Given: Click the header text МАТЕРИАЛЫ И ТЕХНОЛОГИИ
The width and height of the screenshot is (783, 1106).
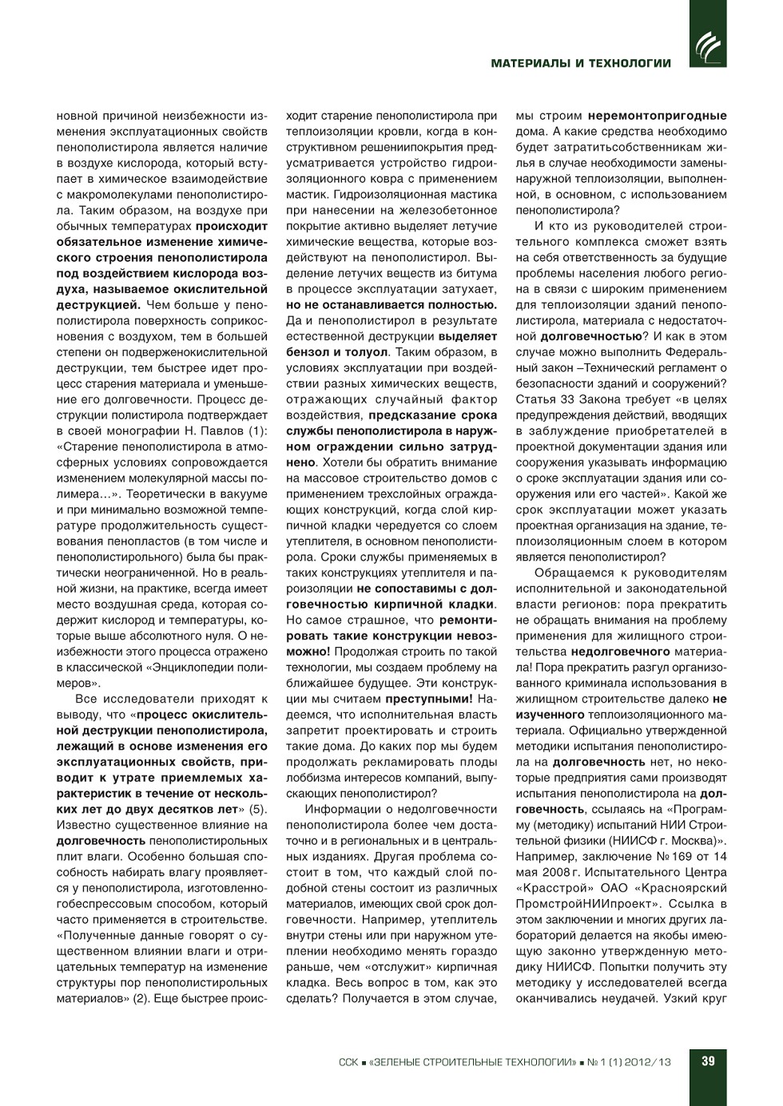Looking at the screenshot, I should tap(581, 63).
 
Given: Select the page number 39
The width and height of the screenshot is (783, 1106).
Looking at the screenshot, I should tap(708, 1061).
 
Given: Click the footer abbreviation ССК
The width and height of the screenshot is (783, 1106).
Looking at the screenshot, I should tap(348, 1062).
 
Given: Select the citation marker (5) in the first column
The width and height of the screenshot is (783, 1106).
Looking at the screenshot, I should tap(257, 809).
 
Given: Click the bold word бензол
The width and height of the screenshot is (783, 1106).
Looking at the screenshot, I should tap(308, 352).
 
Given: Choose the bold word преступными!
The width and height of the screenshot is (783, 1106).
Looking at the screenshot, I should tap(429, 699).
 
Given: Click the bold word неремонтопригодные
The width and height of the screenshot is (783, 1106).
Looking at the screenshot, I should tap(658, 116).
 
